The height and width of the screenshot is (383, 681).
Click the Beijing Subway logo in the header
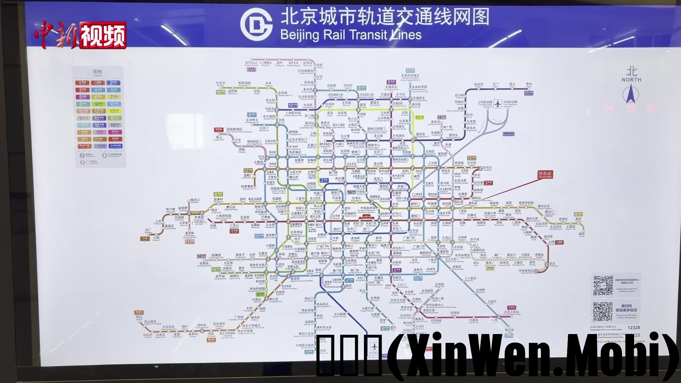click(x=256, y=24)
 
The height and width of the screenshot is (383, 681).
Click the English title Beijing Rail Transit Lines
click(x=350, y=35)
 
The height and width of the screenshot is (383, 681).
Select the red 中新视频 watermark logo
click(x=81, y=35)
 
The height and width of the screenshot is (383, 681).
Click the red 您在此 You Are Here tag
click(x=545, y=174)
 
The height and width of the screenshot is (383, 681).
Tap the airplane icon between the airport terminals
click(x=498, y=104)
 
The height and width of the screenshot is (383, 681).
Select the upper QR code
click(x=603, y=285)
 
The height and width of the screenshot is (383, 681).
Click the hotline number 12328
click(x=633, y=328)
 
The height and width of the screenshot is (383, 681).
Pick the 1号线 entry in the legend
click(x=82, y=83)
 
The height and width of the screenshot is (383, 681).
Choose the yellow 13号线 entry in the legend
click(x=115, y=111)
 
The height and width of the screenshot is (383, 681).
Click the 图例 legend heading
click(x=98, y=72)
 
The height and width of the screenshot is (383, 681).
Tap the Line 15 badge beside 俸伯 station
click(x=528, y=93)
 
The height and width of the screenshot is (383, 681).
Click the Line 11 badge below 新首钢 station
click(x=189, y=242)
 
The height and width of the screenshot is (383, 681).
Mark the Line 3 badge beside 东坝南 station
click(x=488, y=183)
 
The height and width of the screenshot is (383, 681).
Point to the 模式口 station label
click(x=195, y=200)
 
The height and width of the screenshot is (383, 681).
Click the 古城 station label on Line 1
click(x=213, y=226)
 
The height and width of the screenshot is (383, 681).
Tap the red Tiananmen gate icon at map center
click(x=364, y=216)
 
